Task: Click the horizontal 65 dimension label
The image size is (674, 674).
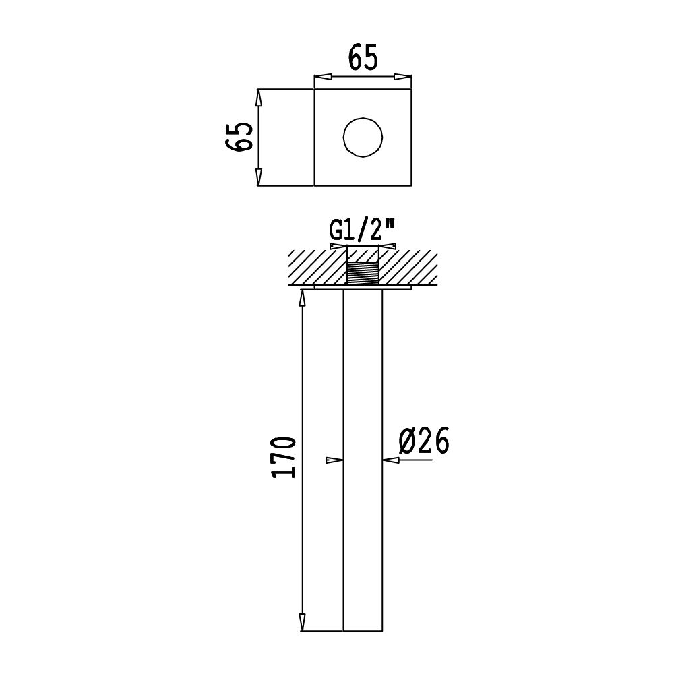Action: (x=363, y=57)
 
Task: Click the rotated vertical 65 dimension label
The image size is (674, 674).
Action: (x=239, y=136)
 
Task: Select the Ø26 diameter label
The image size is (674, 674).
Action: (x=424, y=441)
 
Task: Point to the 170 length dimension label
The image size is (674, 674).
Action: (x=284, y=458)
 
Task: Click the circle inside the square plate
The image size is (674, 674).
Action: (x=363, y=137)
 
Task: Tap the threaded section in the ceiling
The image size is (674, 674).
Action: (x=363, y=274)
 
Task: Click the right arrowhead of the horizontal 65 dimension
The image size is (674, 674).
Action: (x=403, y=77)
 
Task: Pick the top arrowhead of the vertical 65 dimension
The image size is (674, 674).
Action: (x=258, y=98)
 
